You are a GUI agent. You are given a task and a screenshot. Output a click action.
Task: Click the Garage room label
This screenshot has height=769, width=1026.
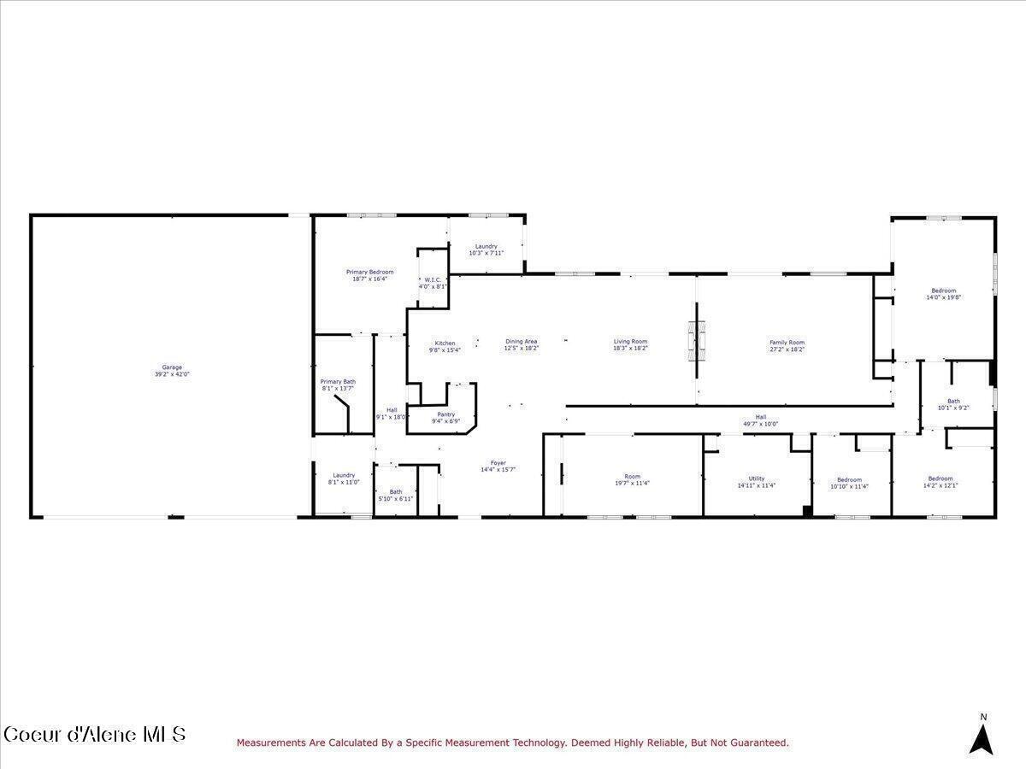(172, 371)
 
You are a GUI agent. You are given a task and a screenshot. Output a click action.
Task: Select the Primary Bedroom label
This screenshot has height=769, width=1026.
(369, 275)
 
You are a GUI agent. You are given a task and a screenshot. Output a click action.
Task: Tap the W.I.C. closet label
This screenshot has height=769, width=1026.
(433, 283)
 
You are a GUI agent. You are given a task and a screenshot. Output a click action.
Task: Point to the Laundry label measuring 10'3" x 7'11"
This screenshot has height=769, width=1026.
(486, 249)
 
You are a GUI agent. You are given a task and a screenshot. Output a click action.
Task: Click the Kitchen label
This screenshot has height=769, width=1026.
(445, 346)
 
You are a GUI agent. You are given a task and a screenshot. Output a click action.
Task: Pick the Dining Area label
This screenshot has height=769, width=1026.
(521, 345)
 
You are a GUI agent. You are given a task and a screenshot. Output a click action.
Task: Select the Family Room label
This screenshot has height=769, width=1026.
(787, 345)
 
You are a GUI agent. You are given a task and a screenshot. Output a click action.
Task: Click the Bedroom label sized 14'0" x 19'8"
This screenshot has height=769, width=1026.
(944, 294)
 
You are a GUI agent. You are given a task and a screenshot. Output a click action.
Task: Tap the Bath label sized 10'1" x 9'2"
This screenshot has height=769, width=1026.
(953, 405)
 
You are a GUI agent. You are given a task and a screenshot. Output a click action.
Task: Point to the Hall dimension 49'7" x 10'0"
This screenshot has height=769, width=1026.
(760, 424)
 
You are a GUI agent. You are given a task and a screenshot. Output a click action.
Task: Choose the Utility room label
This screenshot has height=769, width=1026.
(757, 482)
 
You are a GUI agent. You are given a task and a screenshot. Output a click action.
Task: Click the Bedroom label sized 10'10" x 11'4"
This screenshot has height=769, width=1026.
(849, 483)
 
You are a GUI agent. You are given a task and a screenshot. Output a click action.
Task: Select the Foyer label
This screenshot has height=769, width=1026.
(498, 467)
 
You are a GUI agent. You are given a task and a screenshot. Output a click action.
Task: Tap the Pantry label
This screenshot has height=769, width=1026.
(445, 417)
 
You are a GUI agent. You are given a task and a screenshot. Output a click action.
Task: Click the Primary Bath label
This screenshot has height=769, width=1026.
(338, 384)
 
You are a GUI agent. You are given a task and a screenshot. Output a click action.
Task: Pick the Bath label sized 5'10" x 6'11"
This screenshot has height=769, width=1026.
(396, 495)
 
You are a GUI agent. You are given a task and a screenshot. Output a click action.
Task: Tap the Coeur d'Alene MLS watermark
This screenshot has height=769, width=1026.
(94, 735)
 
